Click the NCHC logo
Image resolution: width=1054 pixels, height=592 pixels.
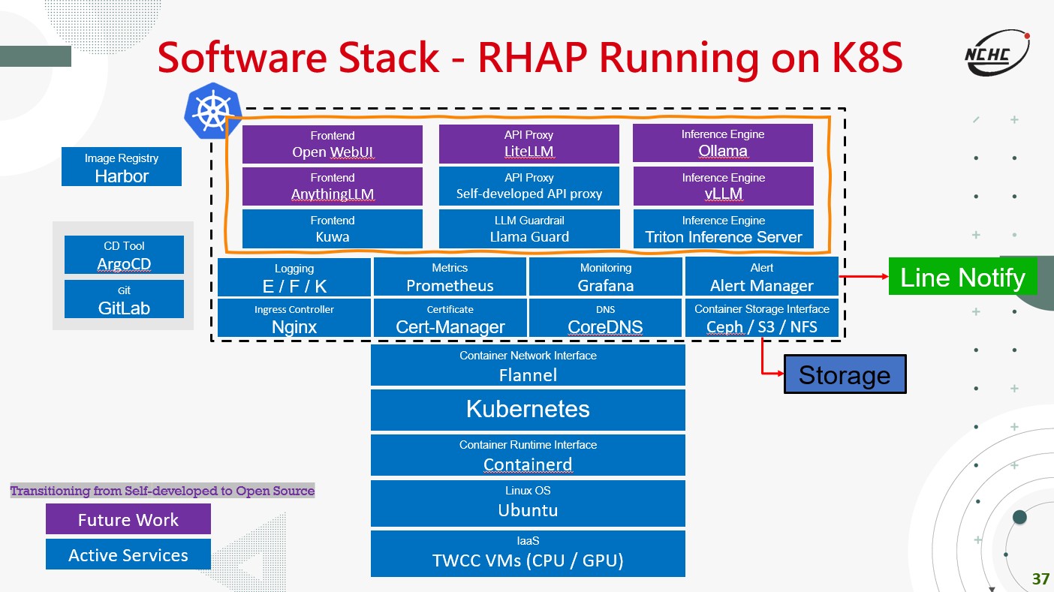point(997,53)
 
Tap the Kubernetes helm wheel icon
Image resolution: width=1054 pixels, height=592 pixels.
point(213,111)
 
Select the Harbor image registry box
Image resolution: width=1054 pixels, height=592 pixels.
point(122,167)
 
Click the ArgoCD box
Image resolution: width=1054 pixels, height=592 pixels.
point(124,255)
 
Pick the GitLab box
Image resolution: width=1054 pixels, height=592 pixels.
point(124,299)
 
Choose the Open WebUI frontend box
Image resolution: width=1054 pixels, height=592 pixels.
point(333,144)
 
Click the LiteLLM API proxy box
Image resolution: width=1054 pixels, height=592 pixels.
point(529,143)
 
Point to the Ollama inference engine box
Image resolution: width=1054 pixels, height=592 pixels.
point(723,143)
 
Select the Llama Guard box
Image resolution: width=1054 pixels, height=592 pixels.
point(529,229)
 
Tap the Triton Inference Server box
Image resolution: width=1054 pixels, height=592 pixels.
point(723,229)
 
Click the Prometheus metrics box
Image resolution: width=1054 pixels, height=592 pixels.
point(450,277)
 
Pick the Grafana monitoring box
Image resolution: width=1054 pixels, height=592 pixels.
point(606,277)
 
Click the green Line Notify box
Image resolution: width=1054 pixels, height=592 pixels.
point(962,276)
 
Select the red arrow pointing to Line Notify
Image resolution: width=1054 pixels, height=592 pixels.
point(864,276)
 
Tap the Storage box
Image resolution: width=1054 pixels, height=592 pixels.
point(845,374)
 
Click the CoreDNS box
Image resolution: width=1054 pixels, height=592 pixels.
point(606,318)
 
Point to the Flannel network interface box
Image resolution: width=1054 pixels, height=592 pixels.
point(528,365)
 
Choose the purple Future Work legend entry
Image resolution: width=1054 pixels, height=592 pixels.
point(128,519)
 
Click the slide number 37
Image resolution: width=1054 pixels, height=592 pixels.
point(1040,578)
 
